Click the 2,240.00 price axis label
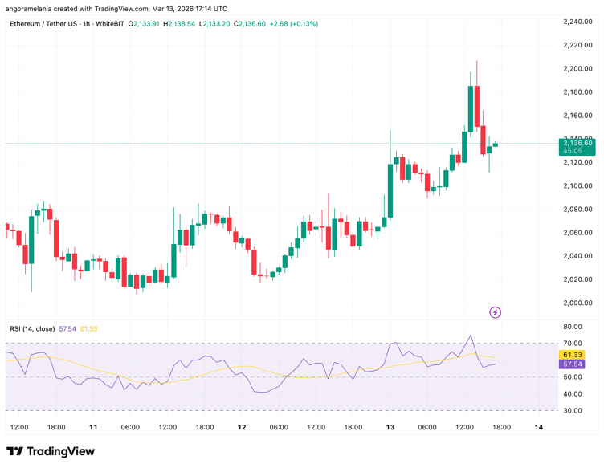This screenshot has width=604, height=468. point(577,22)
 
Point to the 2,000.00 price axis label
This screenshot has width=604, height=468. point(577,303)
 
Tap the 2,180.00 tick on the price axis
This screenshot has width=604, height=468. point(577,92)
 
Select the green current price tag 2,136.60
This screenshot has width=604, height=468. point(577,143)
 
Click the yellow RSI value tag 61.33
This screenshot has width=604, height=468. point(573,354)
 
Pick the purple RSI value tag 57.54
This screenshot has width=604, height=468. point(573,364)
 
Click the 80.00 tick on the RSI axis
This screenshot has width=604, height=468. point(573,327)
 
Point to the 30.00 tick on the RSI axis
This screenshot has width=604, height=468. point(573,410)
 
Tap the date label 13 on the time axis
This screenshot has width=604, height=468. point(390,427)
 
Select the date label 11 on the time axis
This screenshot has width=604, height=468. point(93,427)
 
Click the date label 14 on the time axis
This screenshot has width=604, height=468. point(539,427)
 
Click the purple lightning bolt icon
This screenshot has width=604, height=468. point(496,312)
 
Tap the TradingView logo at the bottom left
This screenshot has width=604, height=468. point(51,451)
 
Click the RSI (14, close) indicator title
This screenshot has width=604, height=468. point(32,328)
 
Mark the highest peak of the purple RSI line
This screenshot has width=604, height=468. point(471,336)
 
